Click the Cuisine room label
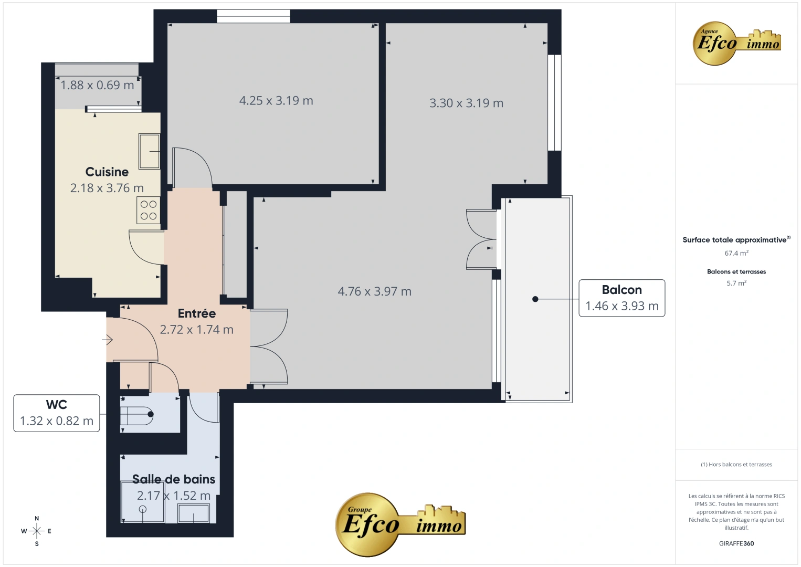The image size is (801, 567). click(107, 172)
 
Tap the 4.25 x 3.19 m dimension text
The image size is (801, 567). click(276, 101)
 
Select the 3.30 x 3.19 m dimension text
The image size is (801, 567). click(466, 103)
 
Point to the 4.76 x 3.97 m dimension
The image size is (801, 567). click(374, 291)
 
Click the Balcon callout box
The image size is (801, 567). click(621, 298)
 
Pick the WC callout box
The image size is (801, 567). click(57, 413)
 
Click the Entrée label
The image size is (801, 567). click(197, 313)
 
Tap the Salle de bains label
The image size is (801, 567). click(174, 479)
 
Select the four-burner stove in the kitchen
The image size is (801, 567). click(149, 210)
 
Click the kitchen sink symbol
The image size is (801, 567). click(150, 151)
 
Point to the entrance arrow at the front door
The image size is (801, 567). click(108, 340)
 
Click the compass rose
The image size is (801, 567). click(37, 531)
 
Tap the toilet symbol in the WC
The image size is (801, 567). click(138, 414)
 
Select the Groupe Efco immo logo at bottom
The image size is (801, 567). click(400, 524)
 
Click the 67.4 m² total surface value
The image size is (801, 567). click(736, 253)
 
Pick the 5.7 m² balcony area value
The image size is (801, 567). click(736, 283)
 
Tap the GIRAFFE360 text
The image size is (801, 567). click(736, 543)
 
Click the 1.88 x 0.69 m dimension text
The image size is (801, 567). click(97, 85)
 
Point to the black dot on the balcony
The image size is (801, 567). click(535, 299)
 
